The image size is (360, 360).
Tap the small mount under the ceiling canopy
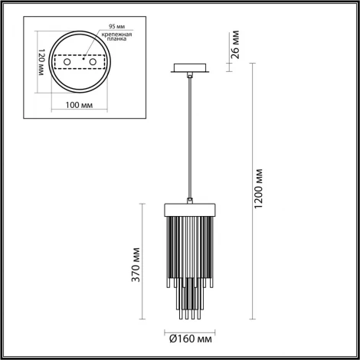point(189,75)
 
